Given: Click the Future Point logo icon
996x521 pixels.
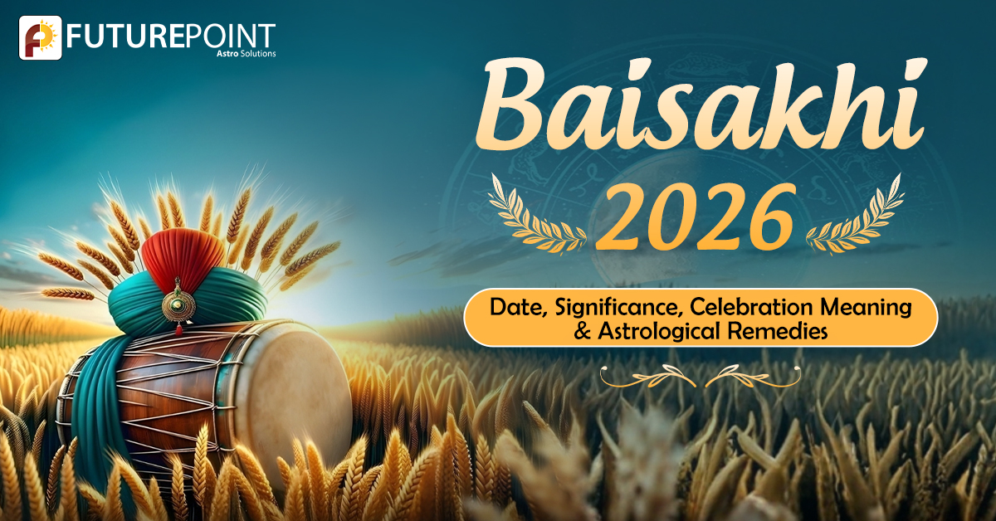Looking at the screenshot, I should (x=41, y=38).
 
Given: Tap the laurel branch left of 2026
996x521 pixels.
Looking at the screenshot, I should (x=536, y=216).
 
